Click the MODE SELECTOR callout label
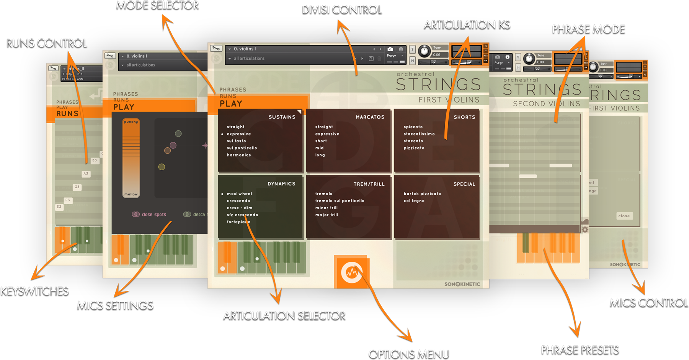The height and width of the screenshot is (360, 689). tap(157, 5)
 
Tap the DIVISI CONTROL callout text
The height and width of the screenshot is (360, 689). tap(342, 10)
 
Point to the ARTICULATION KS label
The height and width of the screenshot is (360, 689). tap(467, 25)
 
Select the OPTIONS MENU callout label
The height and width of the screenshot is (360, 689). tap(408, 354)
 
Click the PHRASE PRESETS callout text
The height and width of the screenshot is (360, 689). tap(580, 350)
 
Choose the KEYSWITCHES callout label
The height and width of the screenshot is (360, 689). tap(34, 291)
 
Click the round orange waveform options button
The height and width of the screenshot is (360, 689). tap(352, 272)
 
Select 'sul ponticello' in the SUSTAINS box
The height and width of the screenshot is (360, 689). tap(242, 148)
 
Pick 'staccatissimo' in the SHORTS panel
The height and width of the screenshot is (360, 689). tap(419, 134)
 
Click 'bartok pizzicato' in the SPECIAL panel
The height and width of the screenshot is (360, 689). tap(422, 194)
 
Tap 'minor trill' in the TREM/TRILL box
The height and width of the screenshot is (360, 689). tap(326, 208)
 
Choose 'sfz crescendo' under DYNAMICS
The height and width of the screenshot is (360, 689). tap(242, 215)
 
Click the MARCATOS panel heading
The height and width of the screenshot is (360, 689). tap(370, 117)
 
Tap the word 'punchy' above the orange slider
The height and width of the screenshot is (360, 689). tap(131, 122)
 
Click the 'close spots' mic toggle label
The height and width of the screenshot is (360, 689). tap(153, 215)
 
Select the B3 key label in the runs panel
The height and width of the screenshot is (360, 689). tap(95, 160)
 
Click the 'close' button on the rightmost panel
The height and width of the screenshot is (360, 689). tap(624, 216)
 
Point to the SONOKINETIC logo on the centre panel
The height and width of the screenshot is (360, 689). tap(462, 284)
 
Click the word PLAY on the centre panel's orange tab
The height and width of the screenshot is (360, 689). tap(231, 104)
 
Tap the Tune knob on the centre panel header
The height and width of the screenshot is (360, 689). tap(424, 51)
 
